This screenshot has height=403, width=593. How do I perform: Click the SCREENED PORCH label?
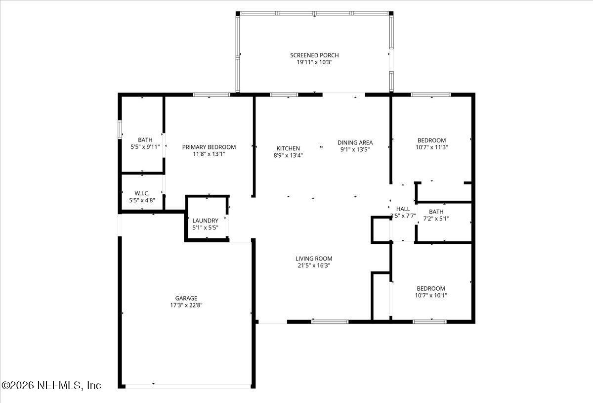point(314,55)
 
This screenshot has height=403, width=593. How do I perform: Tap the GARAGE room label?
point(186,298)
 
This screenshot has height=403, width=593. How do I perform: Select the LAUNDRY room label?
point(205,221)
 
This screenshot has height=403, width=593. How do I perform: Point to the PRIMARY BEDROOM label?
point(209,147)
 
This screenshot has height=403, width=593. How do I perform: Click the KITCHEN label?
point(288,148)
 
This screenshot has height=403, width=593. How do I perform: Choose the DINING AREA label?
point(355,142)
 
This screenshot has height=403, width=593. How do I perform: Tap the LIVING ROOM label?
point(314,258)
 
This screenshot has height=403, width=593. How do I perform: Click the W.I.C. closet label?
point(142,193)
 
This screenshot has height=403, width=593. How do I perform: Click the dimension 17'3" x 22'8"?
point(186,305)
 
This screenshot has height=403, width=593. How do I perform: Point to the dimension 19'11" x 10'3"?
point(314,62)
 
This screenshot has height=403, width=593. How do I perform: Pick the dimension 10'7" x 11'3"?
point(431,147)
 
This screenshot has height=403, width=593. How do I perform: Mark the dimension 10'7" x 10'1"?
point(430,295)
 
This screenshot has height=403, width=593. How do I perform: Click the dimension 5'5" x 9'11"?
point(145,147)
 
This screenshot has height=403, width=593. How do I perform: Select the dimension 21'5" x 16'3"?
point(314,265)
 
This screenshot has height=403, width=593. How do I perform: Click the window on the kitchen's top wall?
point(284,94)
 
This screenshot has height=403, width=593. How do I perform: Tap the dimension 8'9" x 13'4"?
point(288,155)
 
